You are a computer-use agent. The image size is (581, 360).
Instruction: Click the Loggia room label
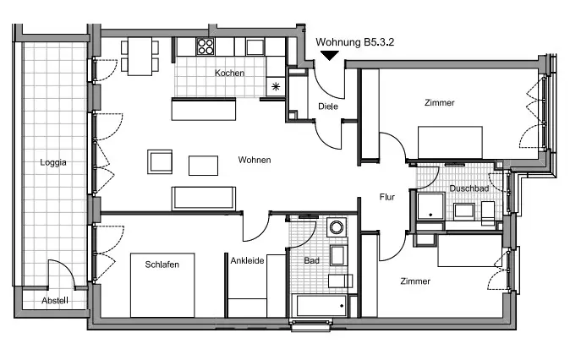53,162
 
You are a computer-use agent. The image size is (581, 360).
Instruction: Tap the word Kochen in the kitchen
229,73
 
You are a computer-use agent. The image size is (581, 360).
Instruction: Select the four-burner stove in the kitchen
206,47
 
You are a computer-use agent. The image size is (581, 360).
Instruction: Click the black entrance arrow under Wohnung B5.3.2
330,56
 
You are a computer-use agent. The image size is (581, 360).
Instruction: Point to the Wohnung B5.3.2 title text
354,42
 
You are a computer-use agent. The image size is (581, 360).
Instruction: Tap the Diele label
328,106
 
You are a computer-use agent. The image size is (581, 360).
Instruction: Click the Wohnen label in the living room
255,160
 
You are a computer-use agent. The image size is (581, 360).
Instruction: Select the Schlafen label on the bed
162,265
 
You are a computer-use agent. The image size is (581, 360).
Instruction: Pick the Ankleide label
247,261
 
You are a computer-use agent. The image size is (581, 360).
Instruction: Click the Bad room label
311,261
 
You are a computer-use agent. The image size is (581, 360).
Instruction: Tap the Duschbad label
469,188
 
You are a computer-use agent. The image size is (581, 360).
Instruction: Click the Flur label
387,197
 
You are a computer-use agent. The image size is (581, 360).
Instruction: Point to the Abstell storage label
55,300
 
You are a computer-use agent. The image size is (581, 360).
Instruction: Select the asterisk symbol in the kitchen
276,87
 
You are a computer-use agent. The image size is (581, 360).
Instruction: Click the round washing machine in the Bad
337,227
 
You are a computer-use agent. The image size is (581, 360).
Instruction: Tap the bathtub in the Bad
320,306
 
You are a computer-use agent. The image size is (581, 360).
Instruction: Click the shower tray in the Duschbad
430,206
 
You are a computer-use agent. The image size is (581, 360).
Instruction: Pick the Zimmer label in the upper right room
440,102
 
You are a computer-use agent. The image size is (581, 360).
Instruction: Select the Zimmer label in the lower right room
415,281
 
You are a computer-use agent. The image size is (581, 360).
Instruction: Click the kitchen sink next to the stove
255,47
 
